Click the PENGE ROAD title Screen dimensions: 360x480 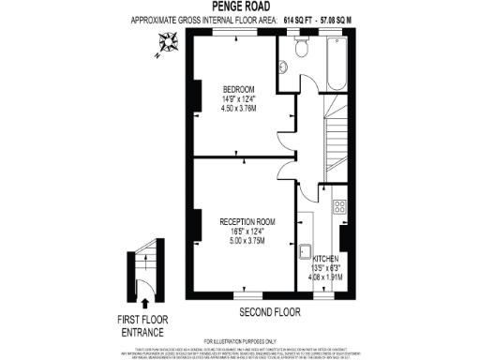[240, 7]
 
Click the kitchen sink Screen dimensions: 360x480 [306, 250]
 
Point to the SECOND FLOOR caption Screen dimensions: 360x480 [270, 311]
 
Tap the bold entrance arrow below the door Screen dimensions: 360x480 [143, 303]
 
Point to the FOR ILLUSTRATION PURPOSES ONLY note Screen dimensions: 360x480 [240, 339]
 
